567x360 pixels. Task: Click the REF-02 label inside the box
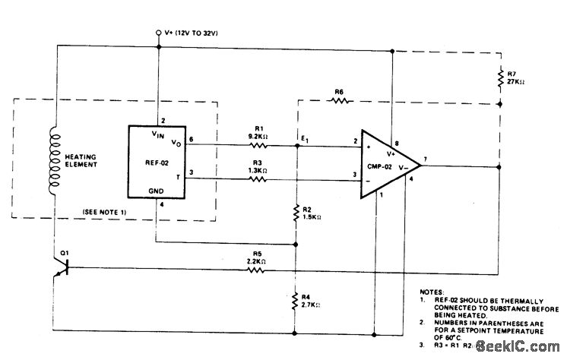tap(157, 162)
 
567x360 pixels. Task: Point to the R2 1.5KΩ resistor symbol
tap(295, 215)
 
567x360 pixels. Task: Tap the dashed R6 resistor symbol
tap(339, 99)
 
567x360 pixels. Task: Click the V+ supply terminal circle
tap(158, 33)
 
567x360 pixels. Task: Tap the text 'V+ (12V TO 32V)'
tap(192, 33)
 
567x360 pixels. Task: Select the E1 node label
tap(304, 137)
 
